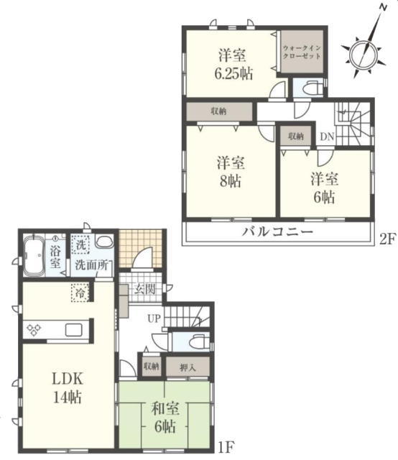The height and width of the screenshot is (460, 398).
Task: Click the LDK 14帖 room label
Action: click(68, 388)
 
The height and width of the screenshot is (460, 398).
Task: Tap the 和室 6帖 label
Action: click(165, 418)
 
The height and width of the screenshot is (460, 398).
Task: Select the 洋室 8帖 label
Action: click(231, 172)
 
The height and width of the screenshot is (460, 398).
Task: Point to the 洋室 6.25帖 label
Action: click(233, 64)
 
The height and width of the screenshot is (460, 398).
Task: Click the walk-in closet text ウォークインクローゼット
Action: click(302, 52)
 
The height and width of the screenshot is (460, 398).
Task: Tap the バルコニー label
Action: click(278, 231)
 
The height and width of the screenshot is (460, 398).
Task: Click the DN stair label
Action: click(327, 137)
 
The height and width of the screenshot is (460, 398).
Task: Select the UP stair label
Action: click(154, 318)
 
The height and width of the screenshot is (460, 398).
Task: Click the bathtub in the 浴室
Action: click(34, 256)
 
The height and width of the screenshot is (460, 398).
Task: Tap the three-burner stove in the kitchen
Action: click(34, 329)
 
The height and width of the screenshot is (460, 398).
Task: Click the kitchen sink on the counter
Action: click(75, 329)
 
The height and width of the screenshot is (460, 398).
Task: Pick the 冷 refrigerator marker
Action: click(80, 293)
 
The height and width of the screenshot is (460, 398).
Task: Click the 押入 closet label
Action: click(188, 367)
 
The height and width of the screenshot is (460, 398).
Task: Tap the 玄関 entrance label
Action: click(145, 289)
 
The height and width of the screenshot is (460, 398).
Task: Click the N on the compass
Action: click(383, 8)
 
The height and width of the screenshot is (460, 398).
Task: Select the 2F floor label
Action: click(387, 239)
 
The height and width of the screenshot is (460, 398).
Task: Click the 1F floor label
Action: click(226, 447)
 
